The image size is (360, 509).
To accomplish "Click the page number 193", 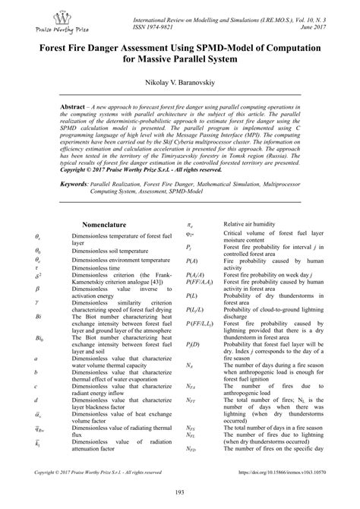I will [179, 495].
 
